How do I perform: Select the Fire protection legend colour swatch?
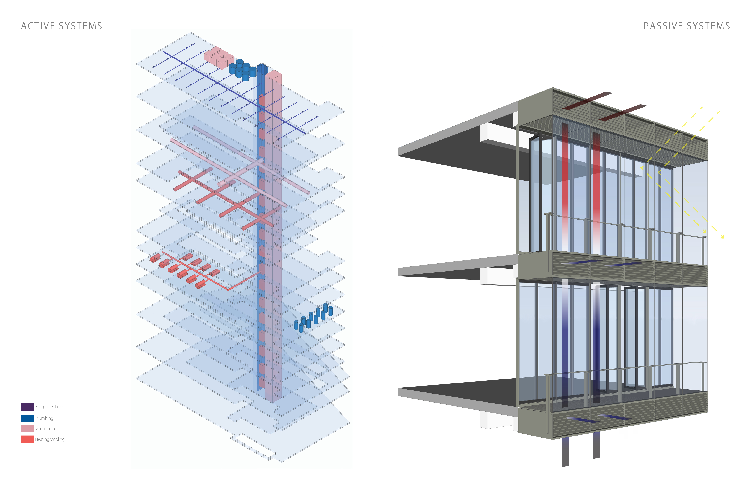(x=27, y=407)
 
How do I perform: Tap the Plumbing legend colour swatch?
(x=27, y=418)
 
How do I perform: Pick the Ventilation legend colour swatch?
(x=27, y=429)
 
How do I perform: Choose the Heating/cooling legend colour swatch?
(x=27, y=439)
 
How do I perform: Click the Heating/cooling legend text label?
(x=50, y=439)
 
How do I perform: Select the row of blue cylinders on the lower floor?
(x=313, y=317)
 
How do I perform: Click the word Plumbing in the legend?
(x=44, y=418)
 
